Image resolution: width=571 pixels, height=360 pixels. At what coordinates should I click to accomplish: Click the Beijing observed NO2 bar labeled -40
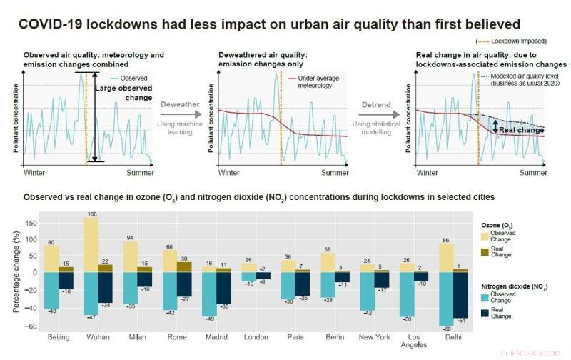point(51,290)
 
